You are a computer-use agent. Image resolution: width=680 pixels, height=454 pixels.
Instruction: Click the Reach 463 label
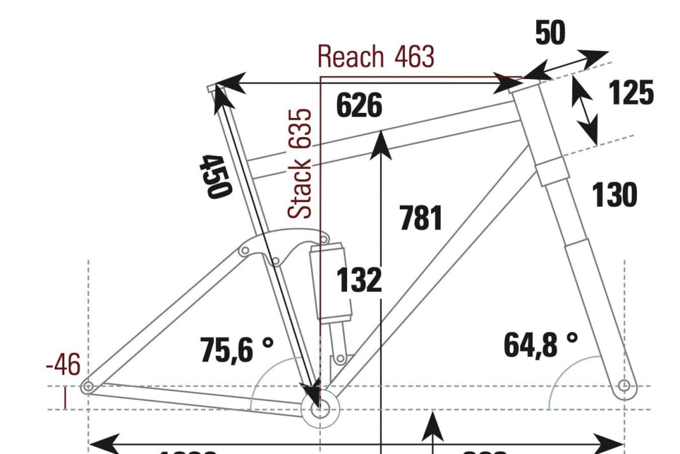376,57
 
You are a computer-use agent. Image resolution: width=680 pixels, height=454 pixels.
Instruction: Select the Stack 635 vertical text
301,163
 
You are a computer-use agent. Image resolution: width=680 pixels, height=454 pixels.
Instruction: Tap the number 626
359,106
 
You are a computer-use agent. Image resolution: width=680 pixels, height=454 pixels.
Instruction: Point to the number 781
421,218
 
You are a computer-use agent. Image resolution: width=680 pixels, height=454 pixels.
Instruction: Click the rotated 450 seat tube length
215,176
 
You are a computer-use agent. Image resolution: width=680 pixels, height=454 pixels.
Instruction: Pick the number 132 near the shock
359,281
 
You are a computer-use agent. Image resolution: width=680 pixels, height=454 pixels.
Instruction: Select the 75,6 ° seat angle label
236,349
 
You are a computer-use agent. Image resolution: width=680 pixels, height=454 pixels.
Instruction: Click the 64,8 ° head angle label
541,345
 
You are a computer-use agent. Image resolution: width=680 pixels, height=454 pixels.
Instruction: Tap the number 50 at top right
550,34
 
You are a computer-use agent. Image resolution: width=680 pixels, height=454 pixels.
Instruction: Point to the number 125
631,93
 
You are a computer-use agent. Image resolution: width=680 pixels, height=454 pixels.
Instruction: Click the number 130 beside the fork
614,195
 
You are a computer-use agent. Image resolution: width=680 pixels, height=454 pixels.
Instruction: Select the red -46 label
63,366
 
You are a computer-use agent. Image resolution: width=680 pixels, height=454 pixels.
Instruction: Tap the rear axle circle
88,386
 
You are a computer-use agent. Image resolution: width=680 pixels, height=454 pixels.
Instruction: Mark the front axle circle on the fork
624,386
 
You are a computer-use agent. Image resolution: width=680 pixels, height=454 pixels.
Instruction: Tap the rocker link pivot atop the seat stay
243,251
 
